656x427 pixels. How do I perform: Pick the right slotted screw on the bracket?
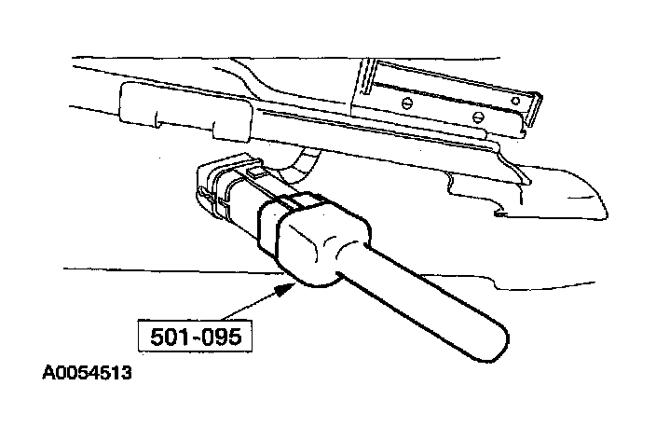477,117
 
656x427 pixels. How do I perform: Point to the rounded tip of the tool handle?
499,335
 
